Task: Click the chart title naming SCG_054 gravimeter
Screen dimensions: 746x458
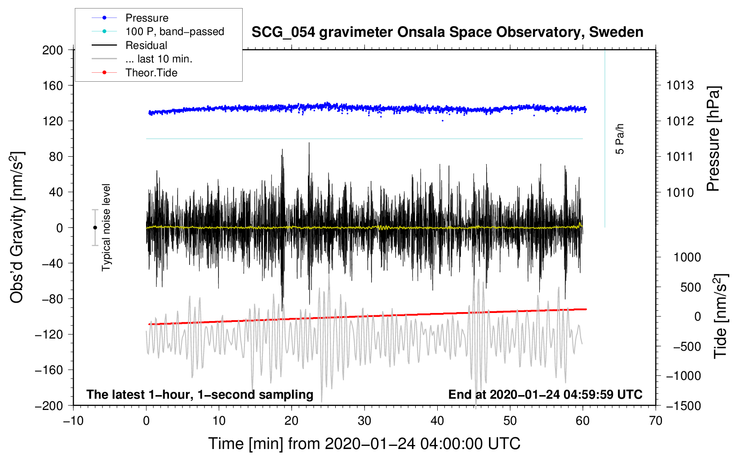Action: coord(447,32)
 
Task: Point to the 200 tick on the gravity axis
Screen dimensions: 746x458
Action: coord(52,50)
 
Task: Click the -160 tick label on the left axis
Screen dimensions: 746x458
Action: coord(49,370)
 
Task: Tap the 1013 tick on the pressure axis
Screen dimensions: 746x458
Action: coord(680,86)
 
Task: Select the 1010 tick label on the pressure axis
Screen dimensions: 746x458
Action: coord(680,192)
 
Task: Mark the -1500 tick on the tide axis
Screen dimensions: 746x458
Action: coord(684,406)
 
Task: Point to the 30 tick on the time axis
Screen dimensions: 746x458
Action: coord(364,421)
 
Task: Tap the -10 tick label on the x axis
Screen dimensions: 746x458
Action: coord(73,421)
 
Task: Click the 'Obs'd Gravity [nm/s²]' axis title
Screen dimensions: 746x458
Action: coord(17,227)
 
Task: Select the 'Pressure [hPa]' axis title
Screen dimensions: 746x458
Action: coord(713,139)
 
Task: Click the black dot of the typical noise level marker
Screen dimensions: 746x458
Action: coord(95,228)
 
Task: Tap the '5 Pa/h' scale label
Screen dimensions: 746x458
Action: coord(619,139)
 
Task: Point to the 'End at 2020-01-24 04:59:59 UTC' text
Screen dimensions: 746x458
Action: coord(545,394)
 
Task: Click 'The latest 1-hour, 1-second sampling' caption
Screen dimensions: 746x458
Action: coord(200,394)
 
